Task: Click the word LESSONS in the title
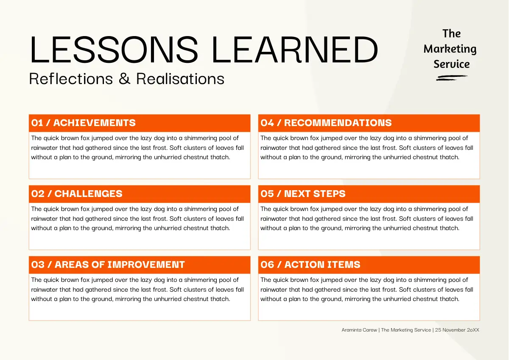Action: pos(114,49)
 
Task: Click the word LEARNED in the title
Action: pos(295,49)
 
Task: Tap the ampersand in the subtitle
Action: pos(125,79)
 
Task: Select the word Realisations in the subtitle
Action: pos(180,79)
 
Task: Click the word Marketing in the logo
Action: pos(450,49)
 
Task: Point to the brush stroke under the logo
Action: pos(452,78)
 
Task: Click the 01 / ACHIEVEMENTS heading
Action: pos(84,123)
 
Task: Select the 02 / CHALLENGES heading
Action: pos(77,194)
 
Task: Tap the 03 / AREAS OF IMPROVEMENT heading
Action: pos(108,264)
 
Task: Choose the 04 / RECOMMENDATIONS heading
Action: pos(326,123)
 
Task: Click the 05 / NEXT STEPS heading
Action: pos(303,194)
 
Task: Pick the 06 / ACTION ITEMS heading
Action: pos(310,264)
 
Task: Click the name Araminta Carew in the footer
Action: pos(359,330)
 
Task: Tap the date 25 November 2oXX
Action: pos(457,330)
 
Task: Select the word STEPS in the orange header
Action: pos(329,194)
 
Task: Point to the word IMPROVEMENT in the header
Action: pos(146,264)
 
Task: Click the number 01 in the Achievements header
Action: pos(37,123)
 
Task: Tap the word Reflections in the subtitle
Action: pos(71,79)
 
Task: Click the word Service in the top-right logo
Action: pos(451,64)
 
